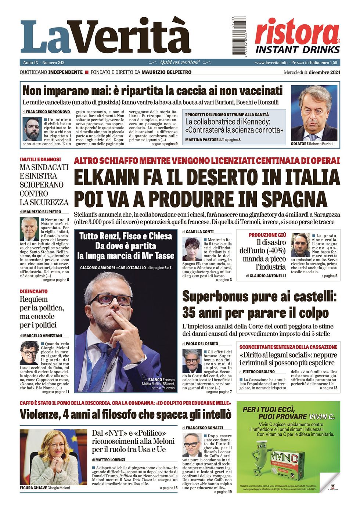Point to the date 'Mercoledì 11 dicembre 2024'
click(x=312, y=72)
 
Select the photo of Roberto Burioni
click(x=314, y=113)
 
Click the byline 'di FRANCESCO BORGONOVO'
click(x=46, y=112)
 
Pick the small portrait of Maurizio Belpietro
click(x=29, y=229)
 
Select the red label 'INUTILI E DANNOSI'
click(x=40, y=160)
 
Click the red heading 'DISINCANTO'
click(x=34, y=291)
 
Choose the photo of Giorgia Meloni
click(x=53, y=457)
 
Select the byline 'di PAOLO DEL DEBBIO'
click(x=200, y=344)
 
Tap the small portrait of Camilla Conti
click(x=192, y=249)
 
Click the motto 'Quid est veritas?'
click(x=180, y=62)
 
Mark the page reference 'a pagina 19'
click(x=223, y=492)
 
